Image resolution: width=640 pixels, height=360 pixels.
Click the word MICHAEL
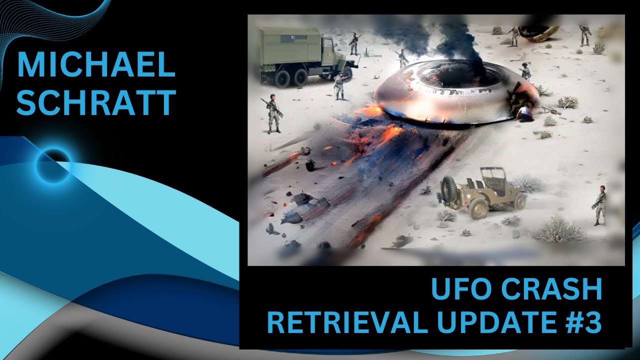coord(96,65)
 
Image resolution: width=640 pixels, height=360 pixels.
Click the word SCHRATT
coord(96,102)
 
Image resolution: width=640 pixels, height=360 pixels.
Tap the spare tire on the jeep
coord(449,190)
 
